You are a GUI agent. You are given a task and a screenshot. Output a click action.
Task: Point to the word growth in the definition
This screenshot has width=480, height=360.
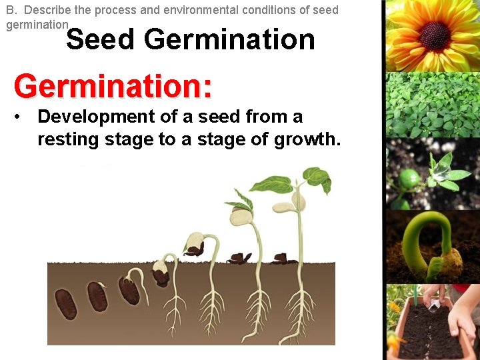(311, 139)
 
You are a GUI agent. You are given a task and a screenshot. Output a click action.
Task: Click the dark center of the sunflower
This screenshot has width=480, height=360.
(435, 35)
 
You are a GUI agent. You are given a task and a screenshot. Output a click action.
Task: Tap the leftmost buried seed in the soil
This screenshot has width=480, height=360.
(65, 303)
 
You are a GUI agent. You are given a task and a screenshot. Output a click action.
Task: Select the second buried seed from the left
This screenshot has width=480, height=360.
(97, 297)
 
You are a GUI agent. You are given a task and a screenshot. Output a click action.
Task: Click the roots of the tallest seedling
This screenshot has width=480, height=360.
(299, 313)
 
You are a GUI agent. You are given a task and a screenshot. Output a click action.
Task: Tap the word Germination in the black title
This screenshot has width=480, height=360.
(229, 39)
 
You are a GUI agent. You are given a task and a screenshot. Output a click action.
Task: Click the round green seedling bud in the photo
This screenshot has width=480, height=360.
(409, 178)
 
